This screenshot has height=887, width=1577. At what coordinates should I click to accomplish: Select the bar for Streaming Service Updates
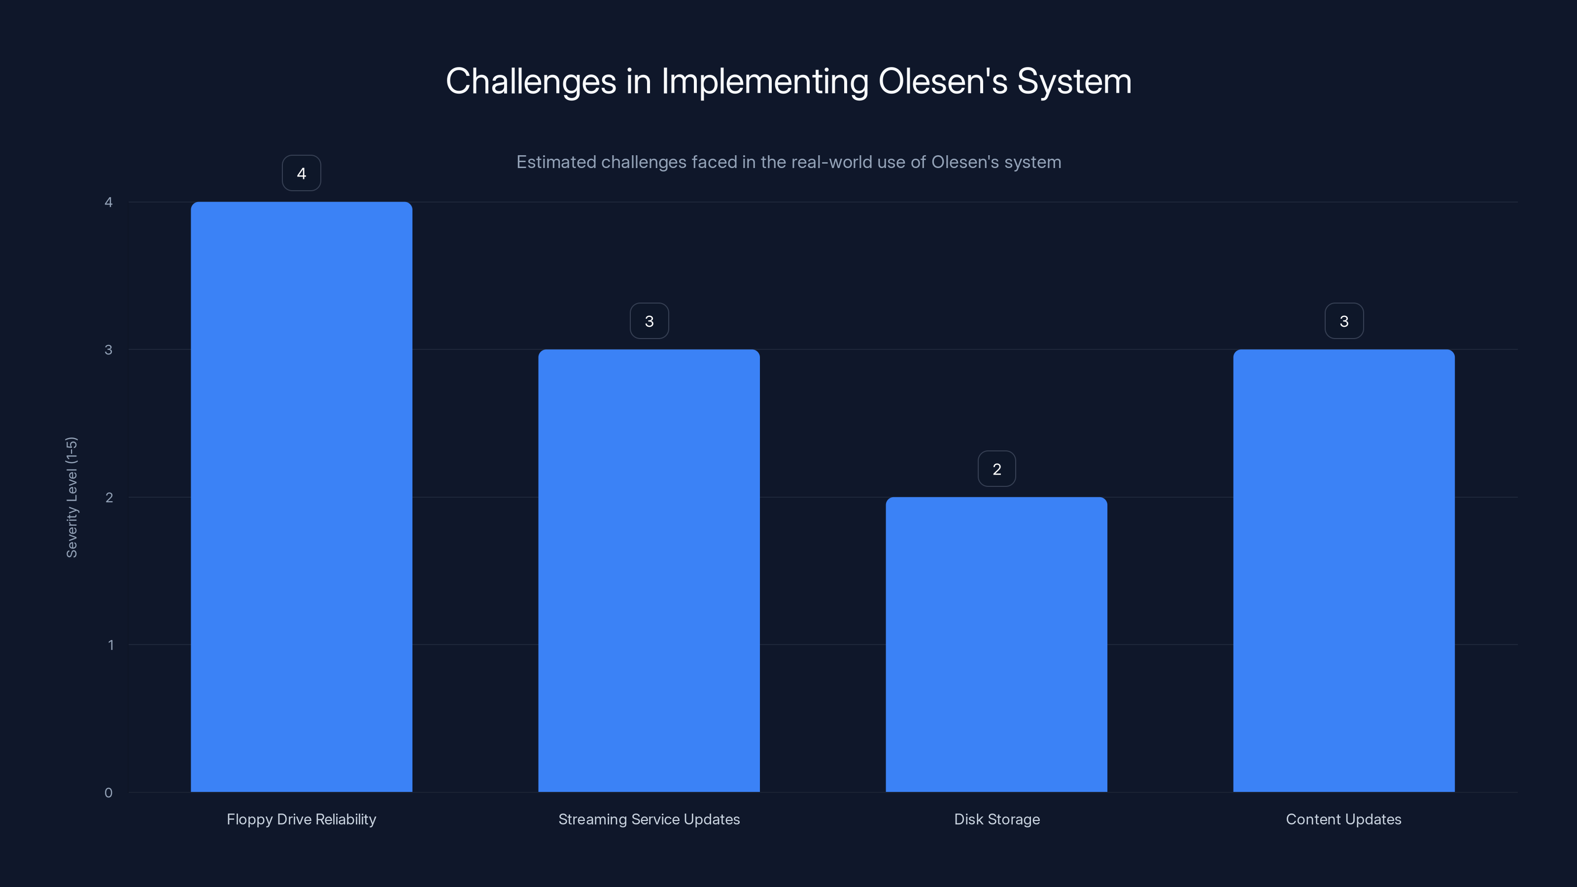point(649,571)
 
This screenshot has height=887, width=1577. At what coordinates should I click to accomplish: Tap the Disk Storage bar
point(996,644)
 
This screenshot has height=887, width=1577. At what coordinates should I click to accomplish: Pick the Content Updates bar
point(1344,571)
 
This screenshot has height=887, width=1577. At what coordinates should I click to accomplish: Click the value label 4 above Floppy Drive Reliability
point(301,173)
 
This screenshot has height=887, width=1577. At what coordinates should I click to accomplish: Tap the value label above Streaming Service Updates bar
point(649,321)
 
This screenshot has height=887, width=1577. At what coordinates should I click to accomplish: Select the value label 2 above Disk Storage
point(996,469)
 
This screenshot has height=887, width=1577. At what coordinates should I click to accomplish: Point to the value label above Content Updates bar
point(1344,321)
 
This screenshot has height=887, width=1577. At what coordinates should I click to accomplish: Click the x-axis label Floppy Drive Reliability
point(301,819)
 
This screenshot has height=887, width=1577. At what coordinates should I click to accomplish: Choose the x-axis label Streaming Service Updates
point(649,819)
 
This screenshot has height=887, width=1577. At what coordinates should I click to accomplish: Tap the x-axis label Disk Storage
point(996,819)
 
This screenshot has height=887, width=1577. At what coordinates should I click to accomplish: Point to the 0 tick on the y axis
point(108,793)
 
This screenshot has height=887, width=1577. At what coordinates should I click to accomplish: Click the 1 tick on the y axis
point(110,645)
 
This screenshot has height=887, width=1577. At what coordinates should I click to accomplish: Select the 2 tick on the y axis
point(109,497)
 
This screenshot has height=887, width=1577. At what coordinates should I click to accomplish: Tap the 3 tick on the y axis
point(108,349)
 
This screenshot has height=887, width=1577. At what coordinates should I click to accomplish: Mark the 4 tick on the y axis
point(108,202)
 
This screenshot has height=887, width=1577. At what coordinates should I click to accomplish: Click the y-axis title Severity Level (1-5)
point(71,497)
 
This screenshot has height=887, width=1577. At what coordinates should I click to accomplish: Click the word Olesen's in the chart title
point(942,81)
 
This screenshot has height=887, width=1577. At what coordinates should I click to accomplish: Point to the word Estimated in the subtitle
point(556,162)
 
